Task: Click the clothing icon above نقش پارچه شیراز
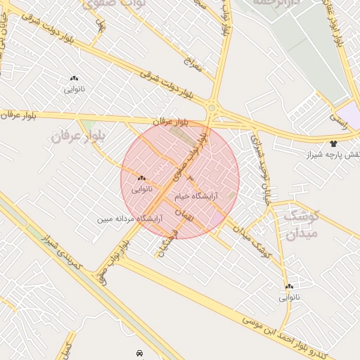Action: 333,143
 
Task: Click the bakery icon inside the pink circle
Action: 141,179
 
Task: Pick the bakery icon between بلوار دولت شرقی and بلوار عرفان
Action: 74,79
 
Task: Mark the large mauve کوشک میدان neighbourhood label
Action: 302,224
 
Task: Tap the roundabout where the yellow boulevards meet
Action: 212,108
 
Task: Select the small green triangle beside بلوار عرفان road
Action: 87,127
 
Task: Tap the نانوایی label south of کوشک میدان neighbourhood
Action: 290,297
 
